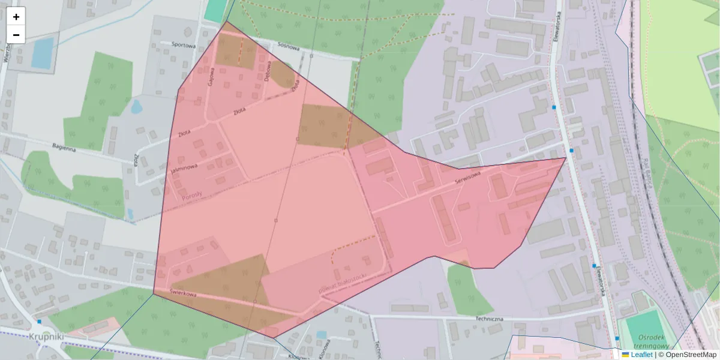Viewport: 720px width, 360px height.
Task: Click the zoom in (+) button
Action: [x=16, y=17]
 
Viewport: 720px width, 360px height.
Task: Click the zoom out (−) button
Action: [x=16, y=35]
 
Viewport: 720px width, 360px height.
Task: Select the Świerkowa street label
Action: [x=184, y=293]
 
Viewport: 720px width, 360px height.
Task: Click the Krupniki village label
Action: [x=46, y=337]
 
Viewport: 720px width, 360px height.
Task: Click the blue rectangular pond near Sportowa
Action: [x=42, y=53]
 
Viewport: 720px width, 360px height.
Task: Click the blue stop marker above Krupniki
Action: [x=40, y=322]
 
